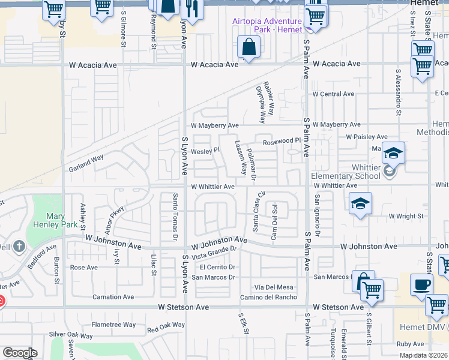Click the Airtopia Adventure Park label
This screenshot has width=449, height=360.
click(x=267, y=26)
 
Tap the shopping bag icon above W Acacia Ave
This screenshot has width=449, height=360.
click(x=249, y=47)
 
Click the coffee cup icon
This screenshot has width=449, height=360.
click(x=421, y=284)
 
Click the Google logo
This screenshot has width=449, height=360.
click(x=19, y=352)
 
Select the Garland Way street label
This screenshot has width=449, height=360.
click(x=85, y=163)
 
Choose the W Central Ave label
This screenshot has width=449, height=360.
click(x=333, y=94)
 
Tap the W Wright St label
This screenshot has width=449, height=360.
click(x=406, y=216)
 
